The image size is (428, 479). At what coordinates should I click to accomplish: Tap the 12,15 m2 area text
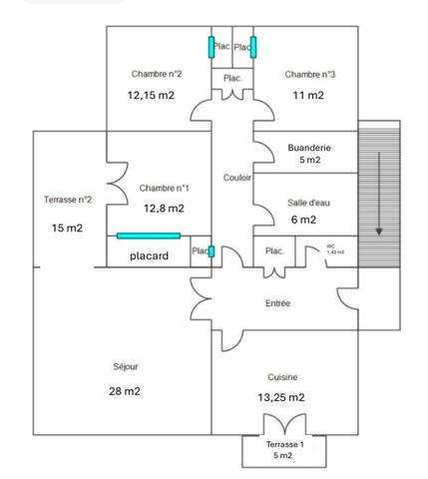(152, 96)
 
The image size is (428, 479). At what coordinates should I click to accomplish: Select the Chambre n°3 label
(309, 74)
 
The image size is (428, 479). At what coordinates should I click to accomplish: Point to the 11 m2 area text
(308, 96)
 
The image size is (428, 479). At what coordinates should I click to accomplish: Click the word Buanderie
(309, 147)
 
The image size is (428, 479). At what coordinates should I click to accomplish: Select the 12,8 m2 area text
(164, 209)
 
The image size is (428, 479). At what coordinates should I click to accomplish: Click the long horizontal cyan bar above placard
(149, 236)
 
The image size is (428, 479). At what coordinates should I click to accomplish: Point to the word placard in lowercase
(149, 254)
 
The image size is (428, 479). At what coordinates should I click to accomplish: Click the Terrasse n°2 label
(68, 200)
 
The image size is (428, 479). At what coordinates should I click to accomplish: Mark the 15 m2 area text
(67, 229)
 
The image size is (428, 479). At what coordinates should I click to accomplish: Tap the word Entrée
(278, 303)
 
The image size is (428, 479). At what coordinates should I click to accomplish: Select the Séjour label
(126, 366)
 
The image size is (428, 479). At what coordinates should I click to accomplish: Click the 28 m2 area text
(125, 391)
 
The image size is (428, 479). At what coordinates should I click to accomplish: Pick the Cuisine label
(283, 376)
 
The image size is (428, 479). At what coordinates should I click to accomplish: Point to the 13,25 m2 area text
(280, 397)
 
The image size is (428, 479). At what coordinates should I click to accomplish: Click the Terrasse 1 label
(283, 444)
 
